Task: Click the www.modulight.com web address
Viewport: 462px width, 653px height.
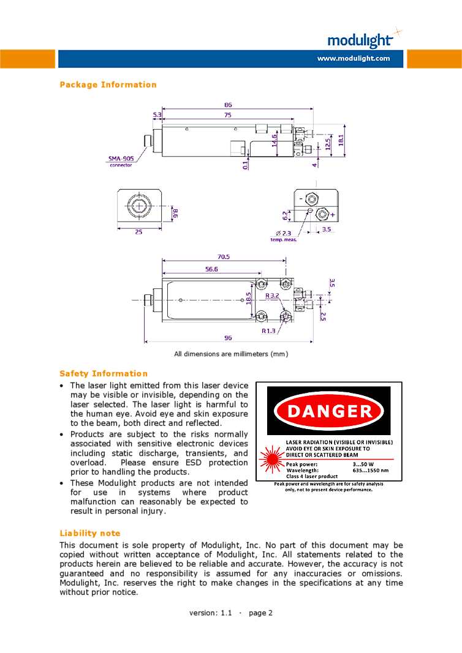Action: tap(354, 58)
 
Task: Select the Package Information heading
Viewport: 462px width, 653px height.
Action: tap(108, 84)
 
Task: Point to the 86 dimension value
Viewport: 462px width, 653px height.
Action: tap(228, 105)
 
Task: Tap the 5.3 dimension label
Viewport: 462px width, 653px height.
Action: tap(157, 114)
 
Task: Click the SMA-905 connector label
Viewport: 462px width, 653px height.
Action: tap(121, 161)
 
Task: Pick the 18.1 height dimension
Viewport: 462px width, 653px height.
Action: tap(341, 140)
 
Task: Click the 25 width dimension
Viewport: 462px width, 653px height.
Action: tap(139, 232)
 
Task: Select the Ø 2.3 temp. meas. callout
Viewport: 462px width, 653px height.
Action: tap(284, 236)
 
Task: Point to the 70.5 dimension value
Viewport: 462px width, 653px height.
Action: tap(224, 257)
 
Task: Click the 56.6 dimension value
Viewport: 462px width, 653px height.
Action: tap(211, 269)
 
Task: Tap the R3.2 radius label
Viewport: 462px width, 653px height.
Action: tap(272, 296)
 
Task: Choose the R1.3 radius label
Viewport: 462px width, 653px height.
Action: tap(268, 331)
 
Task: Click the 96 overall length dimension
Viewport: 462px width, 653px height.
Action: tap(228, 338)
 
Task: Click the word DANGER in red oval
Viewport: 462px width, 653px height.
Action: tap(330, 411)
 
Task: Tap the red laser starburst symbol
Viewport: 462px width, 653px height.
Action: tap(272, 460)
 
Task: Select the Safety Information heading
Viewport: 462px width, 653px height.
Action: tap(104, 373)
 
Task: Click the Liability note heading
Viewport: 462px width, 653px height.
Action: tap(89, 533)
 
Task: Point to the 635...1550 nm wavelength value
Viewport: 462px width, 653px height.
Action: tap(371, 471)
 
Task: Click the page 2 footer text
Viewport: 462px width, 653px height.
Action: tap(260, 613)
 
